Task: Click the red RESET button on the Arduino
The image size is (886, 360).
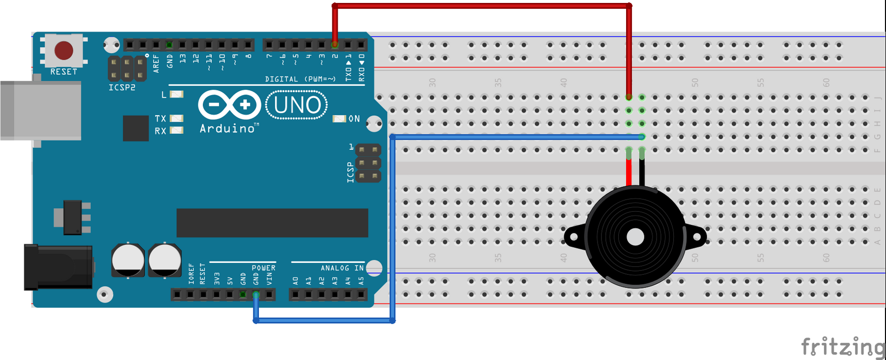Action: coord(64,50)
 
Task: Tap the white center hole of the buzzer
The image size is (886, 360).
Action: coord(635,237)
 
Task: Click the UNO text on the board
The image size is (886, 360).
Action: coord(297,105)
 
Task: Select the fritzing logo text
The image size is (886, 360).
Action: coord(843,347)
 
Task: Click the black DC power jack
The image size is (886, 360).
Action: coord(58,266)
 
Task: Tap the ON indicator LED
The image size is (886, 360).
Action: coord(339,119)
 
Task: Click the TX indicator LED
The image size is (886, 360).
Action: coord(176,118)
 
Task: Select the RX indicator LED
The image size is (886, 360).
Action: coord(176,131)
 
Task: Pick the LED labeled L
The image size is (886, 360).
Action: coord(176,94)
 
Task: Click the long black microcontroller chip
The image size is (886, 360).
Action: coord(272,223)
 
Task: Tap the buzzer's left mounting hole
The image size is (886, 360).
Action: coord(574,237)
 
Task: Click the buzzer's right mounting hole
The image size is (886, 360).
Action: coord(697,237)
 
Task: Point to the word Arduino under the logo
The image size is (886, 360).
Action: coord(227,129)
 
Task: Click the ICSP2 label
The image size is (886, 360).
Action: coord(122,88)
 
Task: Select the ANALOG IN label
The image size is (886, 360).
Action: coord(342,268)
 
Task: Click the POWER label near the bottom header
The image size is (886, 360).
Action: coord(263,268)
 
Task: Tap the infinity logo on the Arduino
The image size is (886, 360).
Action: coord(229,104)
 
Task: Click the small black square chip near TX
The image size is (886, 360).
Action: coord(136,128)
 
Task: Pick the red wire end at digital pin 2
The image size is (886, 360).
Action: coord(335,45)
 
